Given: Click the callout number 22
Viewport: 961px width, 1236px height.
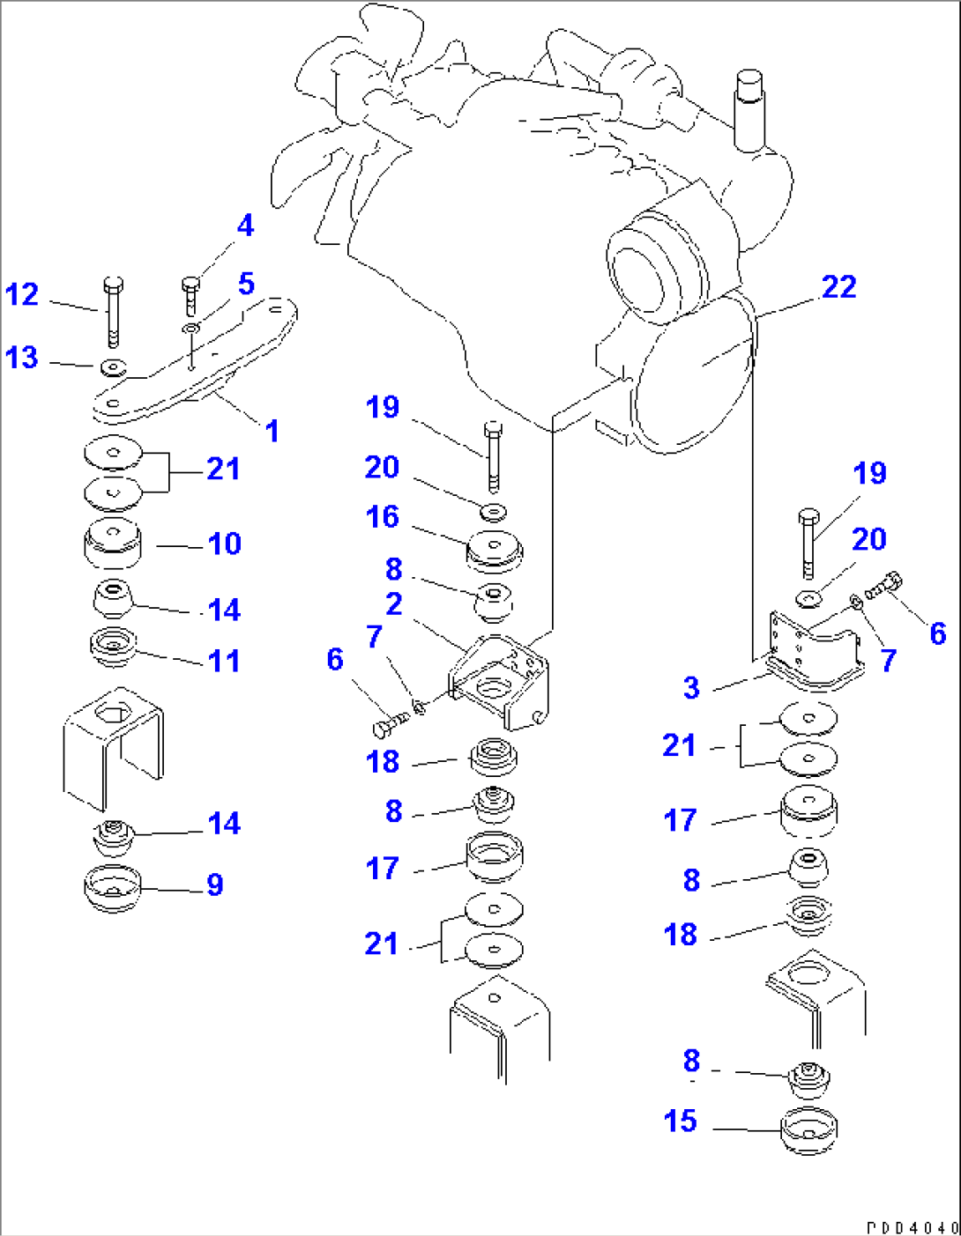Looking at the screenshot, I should [838, 287].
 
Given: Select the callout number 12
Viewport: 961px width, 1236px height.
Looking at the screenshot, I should [22, 294].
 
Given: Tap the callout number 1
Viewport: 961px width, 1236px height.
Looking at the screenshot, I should [272, 431].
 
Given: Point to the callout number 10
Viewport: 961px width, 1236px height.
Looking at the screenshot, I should [224, 544].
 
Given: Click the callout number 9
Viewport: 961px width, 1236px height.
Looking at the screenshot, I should [215, 884].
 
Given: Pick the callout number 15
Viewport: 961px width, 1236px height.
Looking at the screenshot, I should [680, 1121].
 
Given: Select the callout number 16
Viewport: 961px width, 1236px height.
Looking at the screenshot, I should [382, 517].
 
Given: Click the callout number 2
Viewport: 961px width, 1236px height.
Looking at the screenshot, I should [393, 604].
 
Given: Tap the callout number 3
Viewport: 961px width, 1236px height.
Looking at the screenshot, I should [690, 688].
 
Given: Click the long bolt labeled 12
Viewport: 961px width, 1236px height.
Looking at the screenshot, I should [113, 313].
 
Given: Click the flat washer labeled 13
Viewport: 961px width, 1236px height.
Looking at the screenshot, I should [113, 367].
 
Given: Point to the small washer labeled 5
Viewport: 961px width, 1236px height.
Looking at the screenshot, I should [190, 329].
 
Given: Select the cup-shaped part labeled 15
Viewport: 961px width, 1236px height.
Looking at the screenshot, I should [808, 1132].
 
